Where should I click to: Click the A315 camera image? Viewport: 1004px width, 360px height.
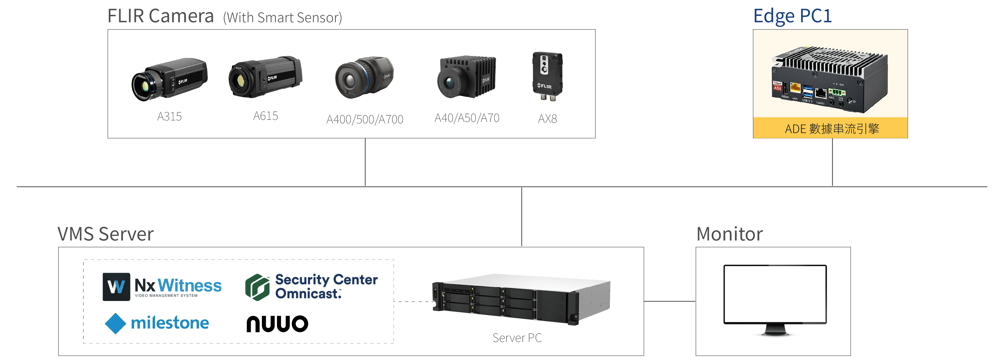click(170, 79)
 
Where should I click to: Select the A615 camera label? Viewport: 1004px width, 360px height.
click(265, 116)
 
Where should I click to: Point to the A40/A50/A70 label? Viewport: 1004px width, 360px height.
click(466, 118)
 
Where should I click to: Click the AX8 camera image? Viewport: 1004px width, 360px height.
click(547, 76)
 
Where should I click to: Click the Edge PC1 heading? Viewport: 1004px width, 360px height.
click(792, 16)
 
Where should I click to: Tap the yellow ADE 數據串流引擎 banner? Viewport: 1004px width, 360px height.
click(830, 128)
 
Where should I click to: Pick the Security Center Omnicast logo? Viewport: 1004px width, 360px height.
click(311, 287)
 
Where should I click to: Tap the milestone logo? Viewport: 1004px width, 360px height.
click(157, 323)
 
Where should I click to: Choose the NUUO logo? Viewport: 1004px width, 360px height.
click(277, 324)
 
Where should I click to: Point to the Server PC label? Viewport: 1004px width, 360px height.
click(517, 338)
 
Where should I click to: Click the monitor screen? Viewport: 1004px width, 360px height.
click(775, 294)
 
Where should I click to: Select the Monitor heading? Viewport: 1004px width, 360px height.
click(729, 234)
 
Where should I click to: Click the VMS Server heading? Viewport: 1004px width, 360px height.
click(106, 234)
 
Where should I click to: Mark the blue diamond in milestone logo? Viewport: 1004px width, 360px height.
click(115, 323)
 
